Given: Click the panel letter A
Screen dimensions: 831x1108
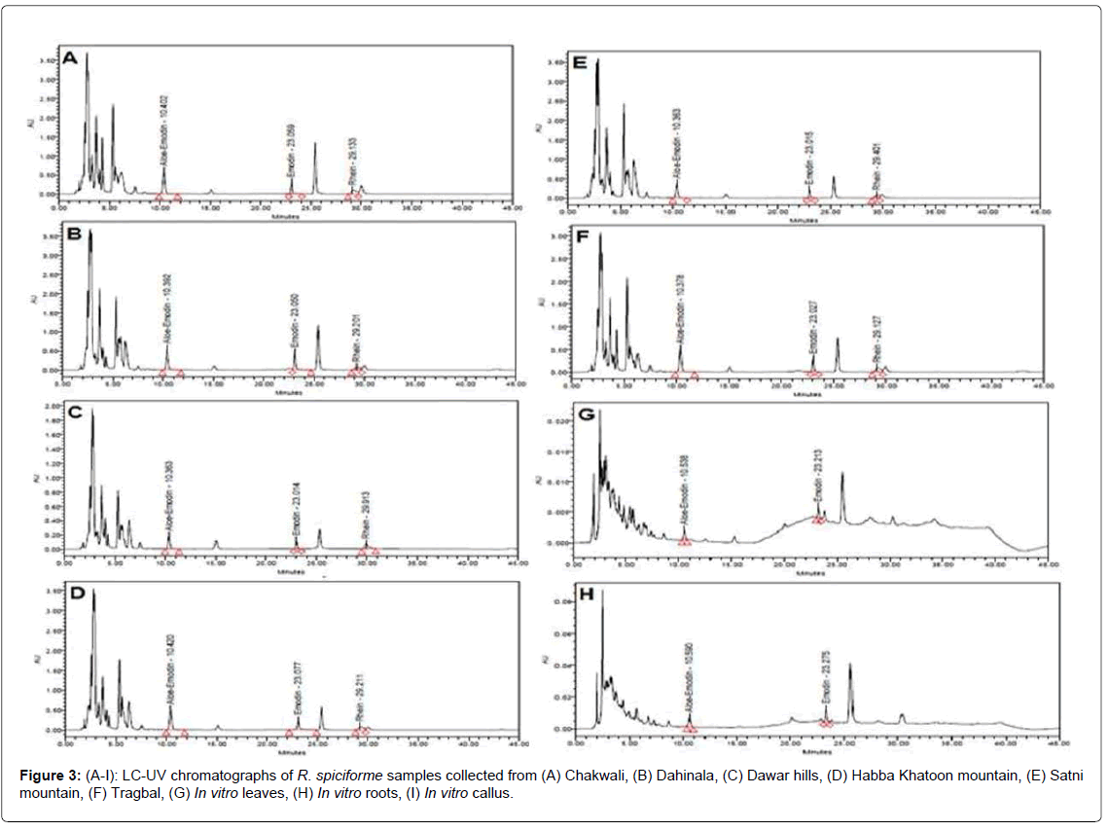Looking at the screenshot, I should (70, 57).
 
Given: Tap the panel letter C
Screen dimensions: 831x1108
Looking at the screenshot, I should (74, 414).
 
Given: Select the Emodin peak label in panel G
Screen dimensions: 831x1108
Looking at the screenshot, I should (818, 478).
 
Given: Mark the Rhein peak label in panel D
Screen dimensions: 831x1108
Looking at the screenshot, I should (360, 703).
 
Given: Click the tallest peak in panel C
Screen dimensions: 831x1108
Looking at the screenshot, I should (92, 413).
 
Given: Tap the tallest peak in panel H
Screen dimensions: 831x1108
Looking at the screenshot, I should (602, 592).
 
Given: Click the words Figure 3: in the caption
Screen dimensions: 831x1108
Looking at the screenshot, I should (47, 776).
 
